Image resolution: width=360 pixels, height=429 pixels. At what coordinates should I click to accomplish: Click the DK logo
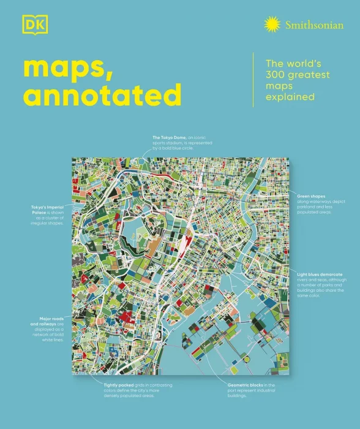tap(29, 25)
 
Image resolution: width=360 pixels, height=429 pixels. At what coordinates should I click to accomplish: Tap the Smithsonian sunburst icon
tap(271, 25)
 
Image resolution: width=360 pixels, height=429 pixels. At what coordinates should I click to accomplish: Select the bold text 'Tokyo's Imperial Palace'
tap(46, 210)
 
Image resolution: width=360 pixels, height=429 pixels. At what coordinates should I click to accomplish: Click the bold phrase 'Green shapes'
tap(310, 196)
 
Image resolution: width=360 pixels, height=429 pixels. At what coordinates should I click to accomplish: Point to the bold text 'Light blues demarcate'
tap(320, 273)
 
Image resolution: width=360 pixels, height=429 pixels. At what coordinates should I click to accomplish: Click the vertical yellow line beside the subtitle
tap(254, 80)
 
